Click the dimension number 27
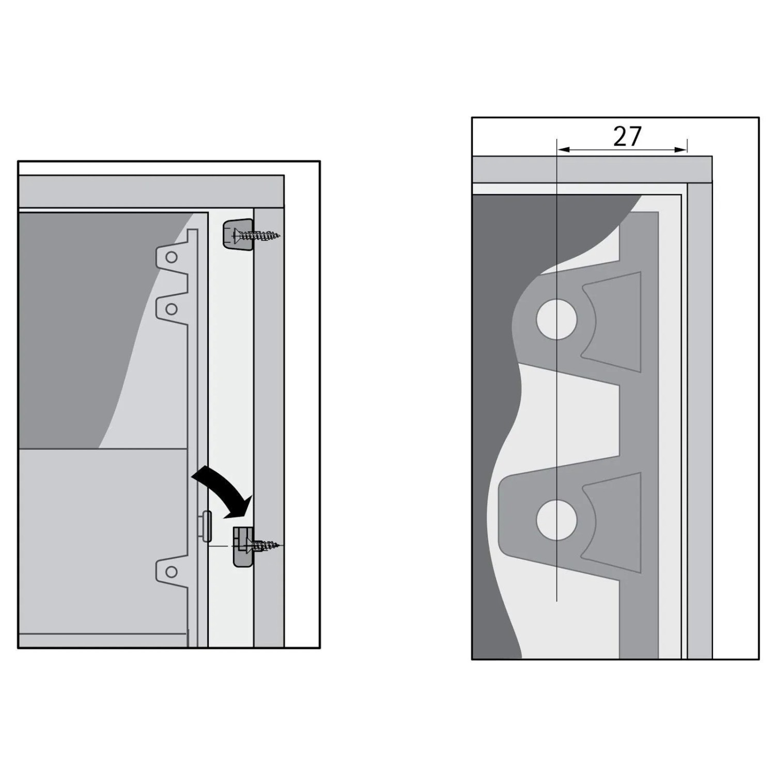pos(627,136)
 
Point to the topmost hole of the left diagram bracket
pos(172,257)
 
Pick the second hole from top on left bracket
pos(172,309)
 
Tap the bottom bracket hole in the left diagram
pos(172,572)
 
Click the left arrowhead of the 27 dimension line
pos(562,150)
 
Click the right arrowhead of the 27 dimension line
pos(681,150)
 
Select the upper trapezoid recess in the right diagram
pos(613,322)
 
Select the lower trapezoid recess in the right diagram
pos(613,522)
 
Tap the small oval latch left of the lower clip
pos(206,526)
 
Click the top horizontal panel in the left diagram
pos(151,192)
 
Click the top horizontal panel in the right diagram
pos(592,169)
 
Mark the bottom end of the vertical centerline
pos(556,601)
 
